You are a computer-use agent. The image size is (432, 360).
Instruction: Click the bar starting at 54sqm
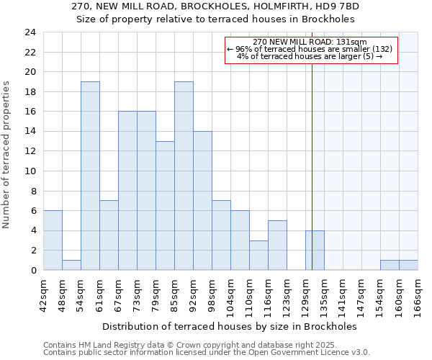(90, 176)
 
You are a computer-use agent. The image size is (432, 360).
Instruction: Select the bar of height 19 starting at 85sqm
(184, 176)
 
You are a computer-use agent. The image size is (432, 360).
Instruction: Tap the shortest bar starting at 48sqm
(71, 265)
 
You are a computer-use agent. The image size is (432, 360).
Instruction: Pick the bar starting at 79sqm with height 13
(165, 205)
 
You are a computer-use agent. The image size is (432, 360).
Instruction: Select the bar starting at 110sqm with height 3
(258, 255)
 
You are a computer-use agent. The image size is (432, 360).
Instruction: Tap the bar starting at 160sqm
(408, 265)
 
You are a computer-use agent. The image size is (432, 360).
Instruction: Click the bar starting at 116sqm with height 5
(277, 245)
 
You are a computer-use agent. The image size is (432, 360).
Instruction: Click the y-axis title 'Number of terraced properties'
(6, 155)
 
